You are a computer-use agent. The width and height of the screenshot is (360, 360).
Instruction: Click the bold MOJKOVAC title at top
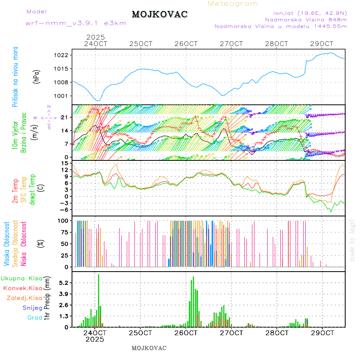tap(160, 14)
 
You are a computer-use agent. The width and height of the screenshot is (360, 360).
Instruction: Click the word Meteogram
tap(233, 4)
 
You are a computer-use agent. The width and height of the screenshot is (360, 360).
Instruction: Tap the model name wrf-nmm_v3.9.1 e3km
tap(76, 23)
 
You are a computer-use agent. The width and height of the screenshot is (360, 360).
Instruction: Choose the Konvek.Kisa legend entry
tap(22, 288)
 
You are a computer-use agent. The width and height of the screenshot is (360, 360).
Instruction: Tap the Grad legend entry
tap(34, 318)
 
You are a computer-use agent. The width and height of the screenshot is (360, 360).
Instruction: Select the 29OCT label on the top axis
tap(322, 44)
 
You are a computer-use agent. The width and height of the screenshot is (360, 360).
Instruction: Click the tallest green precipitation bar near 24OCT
tap(98, 300)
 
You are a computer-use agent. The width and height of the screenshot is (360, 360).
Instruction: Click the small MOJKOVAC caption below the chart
tap(149, 348)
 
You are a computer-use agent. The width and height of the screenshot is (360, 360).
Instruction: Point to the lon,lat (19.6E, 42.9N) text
tap(310, 12)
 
